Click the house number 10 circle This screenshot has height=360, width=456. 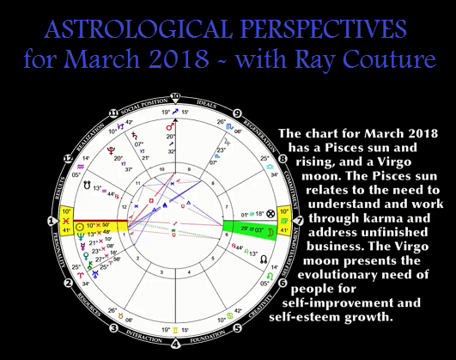click(175, 95)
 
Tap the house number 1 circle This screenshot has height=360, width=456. click(52, 221)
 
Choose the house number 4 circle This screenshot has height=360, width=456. click(175, 345)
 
